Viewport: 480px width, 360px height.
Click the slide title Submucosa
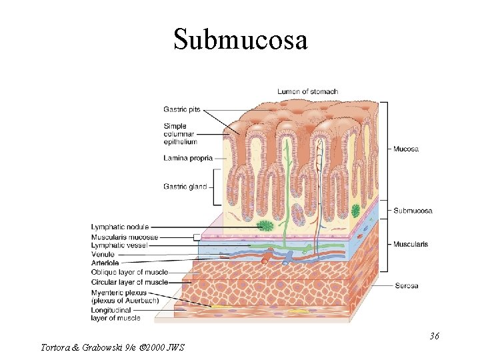[240, 39]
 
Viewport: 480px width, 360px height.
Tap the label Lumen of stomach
[307, 91]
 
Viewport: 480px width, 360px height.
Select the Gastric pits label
[181, 110]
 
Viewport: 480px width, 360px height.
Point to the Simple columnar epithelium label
[180, 133]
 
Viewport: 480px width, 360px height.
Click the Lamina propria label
[187, 159]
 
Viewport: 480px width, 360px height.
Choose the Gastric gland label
[185, 187]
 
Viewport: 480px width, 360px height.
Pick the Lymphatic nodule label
[120, 227]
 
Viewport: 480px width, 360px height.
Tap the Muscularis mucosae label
[125, 237]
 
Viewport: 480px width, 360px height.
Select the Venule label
[103, 254]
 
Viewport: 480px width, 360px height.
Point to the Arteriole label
[104, 263]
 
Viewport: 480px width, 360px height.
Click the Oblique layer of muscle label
[129, 272]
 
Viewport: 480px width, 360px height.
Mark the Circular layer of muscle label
[129, 282]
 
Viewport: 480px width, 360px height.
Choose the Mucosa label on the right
[406, 149]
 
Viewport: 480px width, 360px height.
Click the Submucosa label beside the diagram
[413, 211]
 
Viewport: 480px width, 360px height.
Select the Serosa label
[406, 286]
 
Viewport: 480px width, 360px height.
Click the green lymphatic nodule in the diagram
[267, 226]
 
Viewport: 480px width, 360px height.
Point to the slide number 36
[434, 336]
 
